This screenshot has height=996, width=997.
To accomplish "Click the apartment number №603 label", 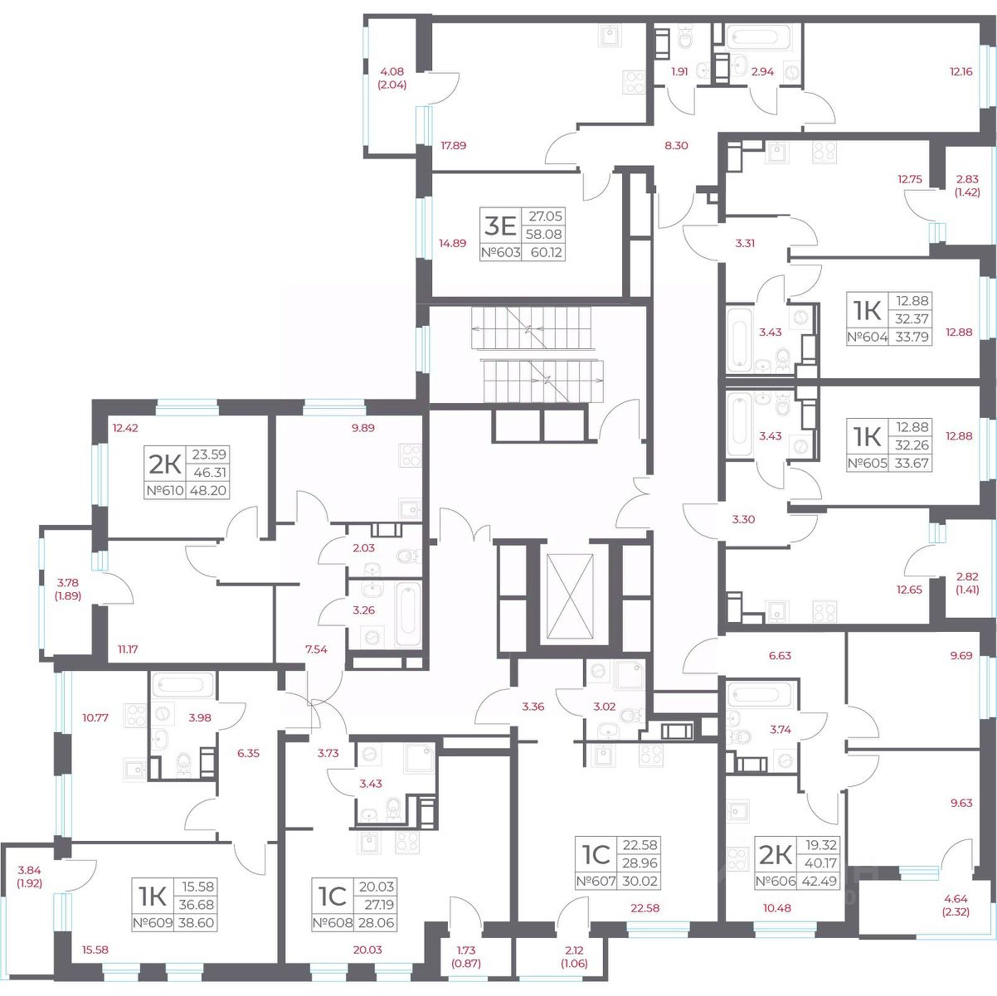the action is tap(500, 252).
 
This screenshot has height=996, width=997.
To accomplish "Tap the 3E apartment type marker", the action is tap(500, 226).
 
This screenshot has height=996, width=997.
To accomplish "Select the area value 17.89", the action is tap(453, 145).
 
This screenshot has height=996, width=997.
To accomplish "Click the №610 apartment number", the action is tap(165, 490).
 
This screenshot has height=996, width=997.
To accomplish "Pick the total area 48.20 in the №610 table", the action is tap(208, 490).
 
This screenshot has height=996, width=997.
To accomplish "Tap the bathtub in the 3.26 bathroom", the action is tap(408, 615).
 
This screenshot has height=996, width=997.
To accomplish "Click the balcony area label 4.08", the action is tap(392, 72).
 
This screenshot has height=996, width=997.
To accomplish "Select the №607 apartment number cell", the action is tap(596, 881).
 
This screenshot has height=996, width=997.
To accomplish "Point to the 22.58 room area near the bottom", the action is tap(645, 907).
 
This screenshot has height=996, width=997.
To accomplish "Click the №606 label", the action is tap(776, 881).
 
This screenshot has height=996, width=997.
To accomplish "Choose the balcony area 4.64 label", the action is tap(955, 899).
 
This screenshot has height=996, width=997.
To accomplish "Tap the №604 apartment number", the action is tap(867, 337).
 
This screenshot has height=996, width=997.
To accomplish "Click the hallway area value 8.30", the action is tap(676, 145).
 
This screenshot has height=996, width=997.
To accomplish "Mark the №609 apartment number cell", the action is tap(153, 922).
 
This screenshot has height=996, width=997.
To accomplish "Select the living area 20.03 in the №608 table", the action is tap(377, 887).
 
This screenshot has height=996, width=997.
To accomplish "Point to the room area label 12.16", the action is tap(961, 72).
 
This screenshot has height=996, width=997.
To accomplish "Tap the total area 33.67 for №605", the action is tap(912, 463).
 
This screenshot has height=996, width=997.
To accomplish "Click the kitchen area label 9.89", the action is tap(362, 428).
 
